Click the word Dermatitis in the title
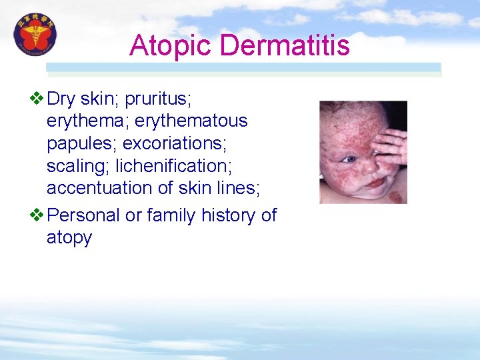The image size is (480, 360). (285, 45)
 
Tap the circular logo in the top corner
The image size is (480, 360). (35, 35)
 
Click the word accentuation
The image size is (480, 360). (101, 188)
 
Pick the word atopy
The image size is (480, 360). (69, 238)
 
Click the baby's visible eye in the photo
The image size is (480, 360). (349, 159)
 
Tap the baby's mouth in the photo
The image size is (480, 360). (376, 182)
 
